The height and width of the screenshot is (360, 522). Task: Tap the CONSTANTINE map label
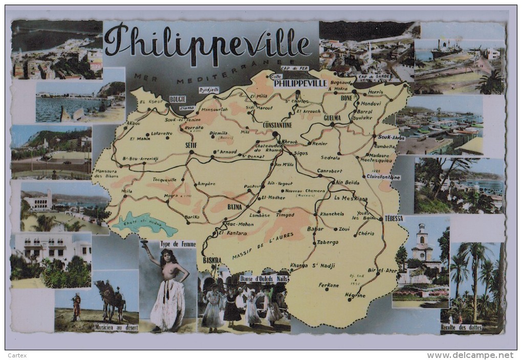click(x=277, y=125)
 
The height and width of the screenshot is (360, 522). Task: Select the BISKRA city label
click(x=212, y=260)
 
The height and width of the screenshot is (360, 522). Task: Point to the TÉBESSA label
click(x=394, y=218)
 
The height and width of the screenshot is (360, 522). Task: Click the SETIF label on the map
click(x=191, y=145)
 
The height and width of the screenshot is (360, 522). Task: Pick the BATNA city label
click(x=234, y=207)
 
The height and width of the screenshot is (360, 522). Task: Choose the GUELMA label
click(x=332, y=118)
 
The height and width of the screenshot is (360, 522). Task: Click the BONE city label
click(x=346, y=97)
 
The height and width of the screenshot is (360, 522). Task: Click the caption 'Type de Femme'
click(x=178, y=244)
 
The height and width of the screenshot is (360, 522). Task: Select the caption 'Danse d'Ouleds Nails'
click(x=264, y=279)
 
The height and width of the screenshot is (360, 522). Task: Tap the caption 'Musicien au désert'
click(x=116, y=327)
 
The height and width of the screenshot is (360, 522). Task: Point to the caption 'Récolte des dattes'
click(x=464, y=327)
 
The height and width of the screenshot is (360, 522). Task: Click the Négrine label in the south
click(x=355, y=296)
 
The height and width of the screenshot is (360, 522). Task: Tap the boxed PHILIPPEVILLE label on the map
click(x=300, y=83)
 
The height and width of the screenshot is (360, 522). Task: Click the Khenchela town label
click(x=332, y=214)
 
